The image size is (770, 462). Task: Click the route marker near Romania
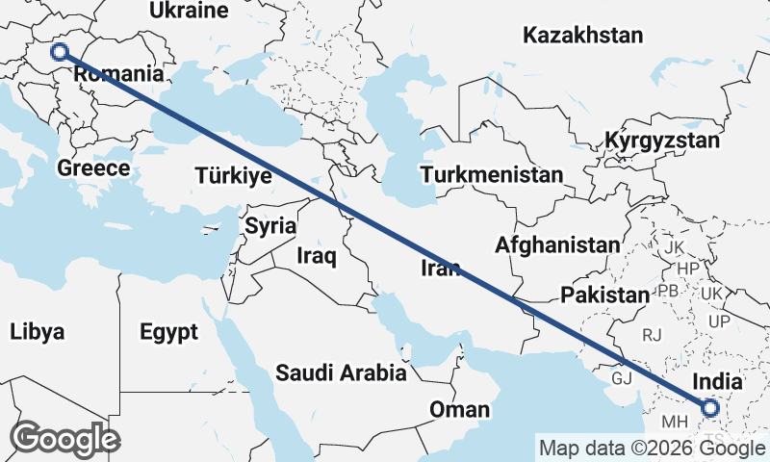[60, 53]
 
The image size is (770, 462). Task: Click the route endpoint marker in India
[710, 408]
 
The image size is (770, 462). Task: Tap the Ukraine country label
[190, 12]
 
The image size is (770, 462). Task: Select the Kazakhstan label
[582, 37]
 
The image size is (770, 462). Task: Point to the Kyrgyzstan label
[662, 141]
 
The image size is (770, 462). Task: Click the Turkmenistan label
[491, 175]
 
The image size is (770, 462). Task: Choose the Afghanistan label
[557, 245]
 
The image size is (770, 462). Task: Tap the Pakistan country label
[605, 295]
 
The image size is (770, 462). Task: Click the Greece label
[93, 168]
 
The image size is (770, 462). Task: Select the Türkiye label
[233, 175]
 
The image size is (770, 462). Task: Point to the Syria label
[267, 226]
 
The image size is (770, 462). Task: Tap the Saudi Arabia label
[341, 373]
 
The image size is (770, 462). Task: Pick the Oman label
[459, 410]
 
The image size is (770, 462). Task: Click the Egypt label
[168, 333]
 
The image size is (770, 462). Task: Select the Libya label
[38, 333]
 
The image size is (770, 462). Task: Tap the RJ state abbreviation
[653, 335]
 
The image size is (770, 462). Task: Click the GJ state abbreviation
[623, 378]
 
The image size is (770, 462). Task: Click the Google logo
[64, 439]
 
